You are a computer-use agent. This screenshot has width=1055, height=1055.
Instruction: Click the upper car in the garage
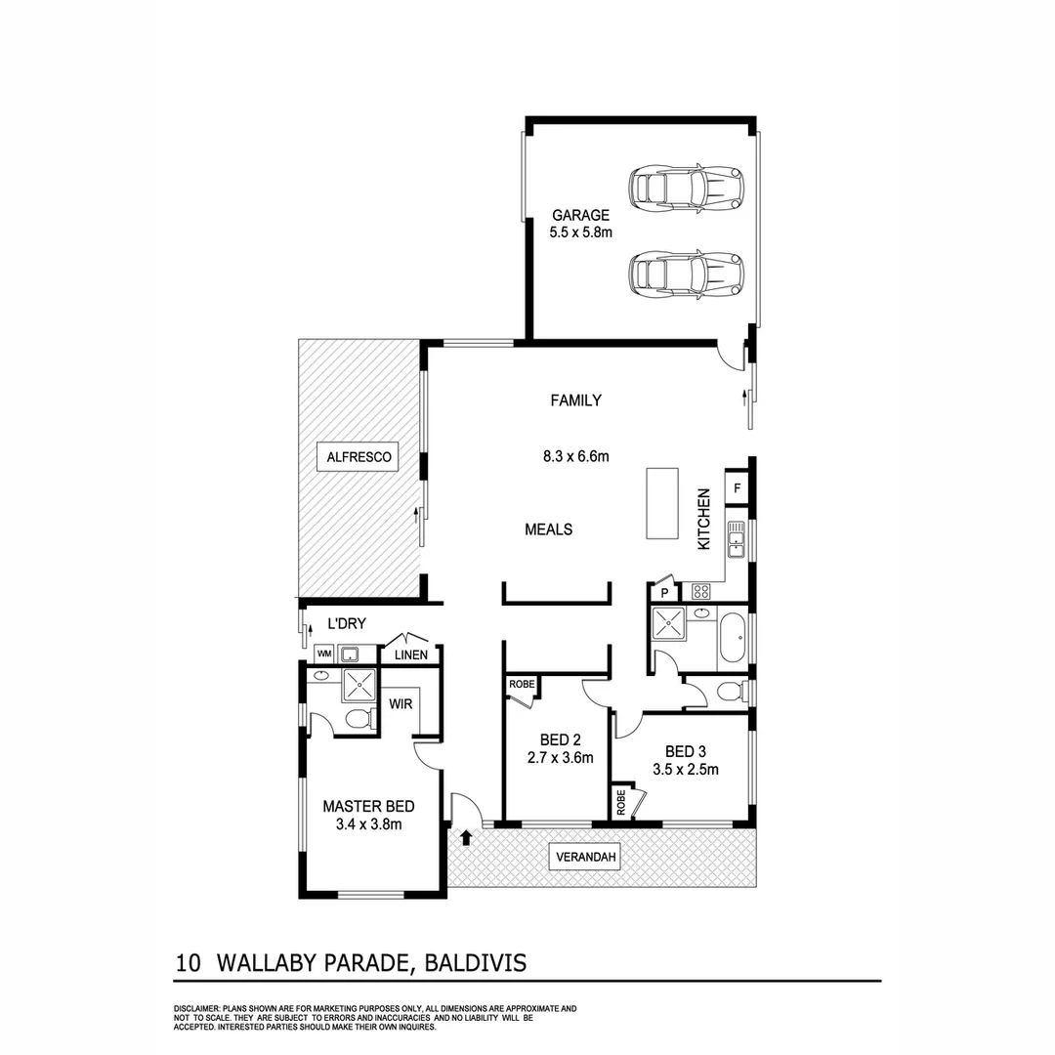pyautogui.click(x=686, y=188)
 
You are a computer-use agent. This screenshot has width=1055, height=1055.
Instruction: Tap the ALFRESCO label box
pyautogui.click(x=359, y=456)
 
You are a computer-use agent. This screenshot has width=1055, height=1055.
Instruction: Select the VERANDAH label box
pyautogui.click(x=586, y=858)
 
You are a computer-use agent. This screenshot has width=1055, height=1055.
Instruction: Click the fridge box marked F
pyautogui.click(x=737, y=487)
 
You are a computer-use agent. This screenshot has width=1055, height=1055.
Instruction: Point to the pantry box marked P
pyautogui.click(x=664, y=592)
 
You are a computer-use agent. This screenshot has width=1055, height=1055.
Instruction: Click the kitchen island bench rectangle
pyautogui.click(x=661, y=503)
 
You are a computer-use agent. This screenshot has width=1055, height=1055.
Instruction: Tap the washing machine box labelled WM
pyautogui.click(x=322, y=654)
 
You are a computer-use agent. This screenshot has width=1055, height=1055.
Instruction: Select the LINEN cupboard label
pyautogui.click(x=410, y=654)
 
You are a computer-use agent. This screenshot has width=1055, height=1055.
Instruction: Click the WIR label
pyautogui.click(x=401, y=702)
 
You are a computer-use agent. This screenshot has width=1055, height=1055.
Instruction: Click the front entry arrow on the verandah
pyautogui.click(x=466, y=837)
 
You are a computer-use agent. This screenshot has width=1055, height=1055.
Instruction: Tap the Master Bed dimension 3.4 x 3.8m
pyautogui.click(x=368, y=823)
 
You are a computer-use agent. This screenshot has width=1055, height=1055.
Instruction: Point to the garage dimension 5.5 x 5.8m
pyautogui.click(x=580, y=232)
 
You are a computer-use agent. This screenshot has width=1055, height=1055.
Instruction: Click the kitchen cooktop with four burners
pyautogui.click(x=701, y=591)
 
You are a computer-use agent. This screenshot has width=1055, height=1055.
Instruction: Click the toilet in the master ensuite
pyautogui.click(x=359, y=720)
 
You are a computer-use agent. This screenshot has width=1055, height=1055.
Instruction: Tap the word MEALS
pyautogui.click(x=548, y=529)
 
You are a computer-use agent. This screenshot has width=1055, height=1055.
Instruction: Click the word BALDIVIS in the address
pyautogui.click(x=478, y=963)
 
